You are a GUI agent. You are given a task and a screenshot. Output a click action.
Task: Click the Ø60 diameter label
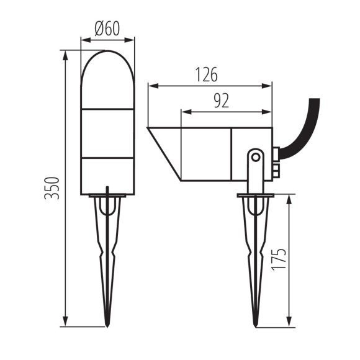point(107,29)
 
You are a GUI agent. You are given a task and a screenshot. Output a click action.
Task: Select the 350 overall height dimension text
point(54,188)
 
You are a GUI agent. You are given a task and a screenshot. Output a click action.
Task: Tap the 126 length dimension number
point(206,75)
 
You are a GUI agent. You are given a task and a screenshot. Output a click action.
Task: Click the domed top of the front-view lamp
point(107,65)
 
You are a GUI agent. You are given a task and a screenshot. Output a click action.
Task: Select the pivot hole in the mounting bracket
point(254,157)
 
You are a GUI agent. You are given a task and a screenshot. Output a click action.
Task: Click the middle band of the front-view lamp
point(107,134)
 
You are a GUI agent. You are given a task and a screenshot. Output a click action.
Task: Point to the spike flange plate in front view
point(107,197)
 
